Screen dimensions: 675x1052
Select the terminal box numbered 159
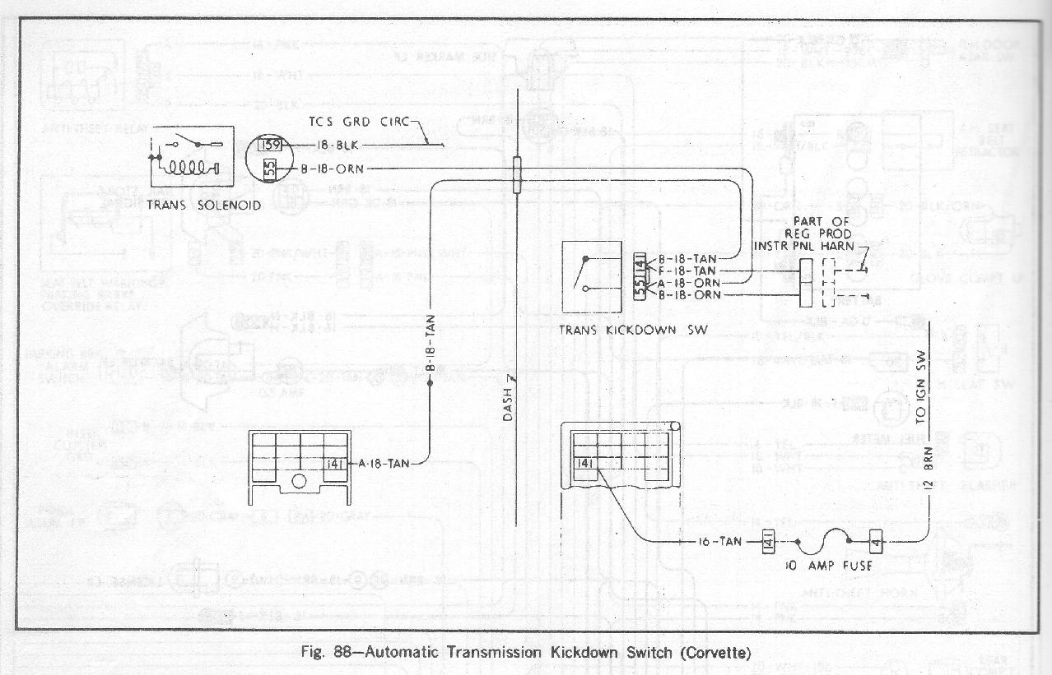coord(269,146)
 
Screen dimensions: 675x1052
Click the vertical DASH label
coord(508,401)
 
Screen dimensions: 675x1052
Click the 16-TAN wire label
coord(724,541)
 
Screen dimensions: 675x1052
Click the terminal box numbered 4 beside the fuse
coord(876,541)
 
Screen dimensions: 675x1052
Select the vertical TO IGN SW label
coord(922,386)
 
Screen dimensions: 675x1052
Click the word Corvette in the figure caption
coord(715,654)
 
